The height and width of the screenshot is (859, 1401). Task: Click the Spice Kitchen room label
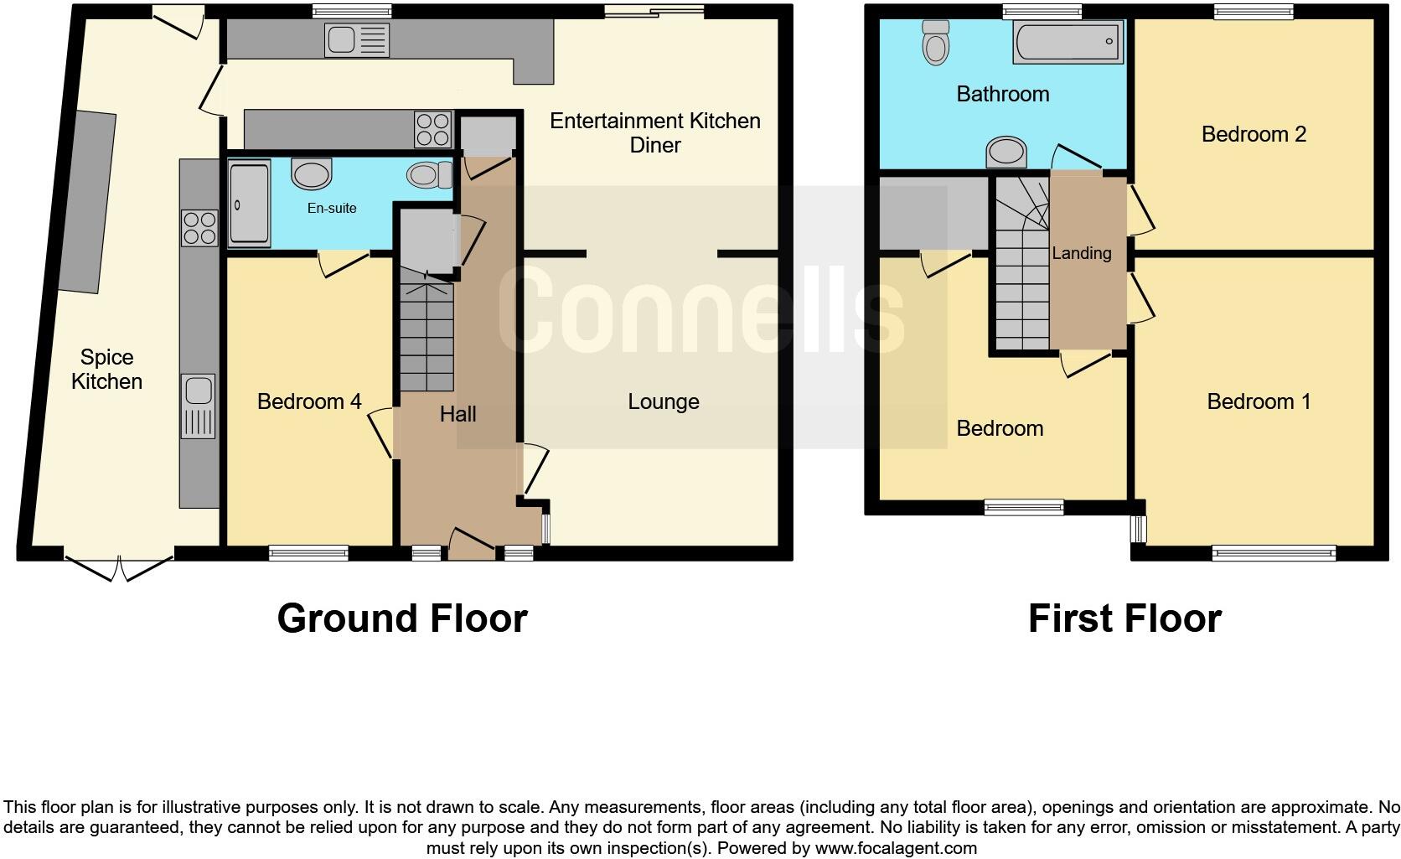tap(106, 370)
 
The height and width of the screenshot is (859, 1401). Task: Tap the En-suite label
tap(332, 208)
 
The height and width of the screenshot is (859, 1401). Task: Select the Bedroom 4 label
tap(309, 401)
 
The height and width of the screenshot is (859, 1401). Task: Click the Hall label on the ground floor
tap(458, 413)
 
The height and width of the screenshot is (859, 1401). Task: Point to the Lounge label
tap(663, 401)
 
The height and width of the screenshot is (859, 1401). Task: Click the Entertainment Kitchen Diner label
tap(654, 132)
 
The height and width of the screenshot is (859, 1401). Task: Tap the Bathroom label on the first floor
tap(1002, 93)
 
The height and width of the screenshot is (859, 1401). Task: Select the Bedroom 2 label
tap(1254, 134)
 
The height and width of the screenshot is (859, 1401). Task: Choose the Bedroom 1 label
tap(1259, 401)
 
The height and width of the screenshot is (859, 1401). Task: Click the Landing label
tap(1082, 253)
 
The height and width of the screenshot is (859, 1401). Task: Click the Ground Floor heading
tap(402, 618)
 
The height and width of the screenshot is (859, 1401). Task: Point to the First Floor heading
tap(1124, 618)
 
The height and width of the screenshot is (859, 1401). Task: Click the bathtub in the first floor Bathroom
tap(1068, 41)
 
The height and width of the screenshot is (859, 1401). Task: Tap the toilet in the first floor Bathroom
tap(935, 42)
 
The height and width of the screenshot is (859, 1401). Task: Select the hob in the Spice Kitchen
tap(199, 227)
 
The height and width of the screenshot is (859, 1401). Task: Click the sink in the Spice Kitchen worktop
tap(199, 406)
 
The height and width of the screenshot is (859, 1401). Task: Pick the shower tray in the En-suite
tap(249, 204)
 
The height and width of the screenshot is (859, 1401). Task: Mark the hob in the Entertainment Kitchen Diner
tap(433, 130)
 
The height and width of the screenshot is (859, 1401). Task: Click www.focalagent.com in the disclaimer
tap(896, 848)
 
